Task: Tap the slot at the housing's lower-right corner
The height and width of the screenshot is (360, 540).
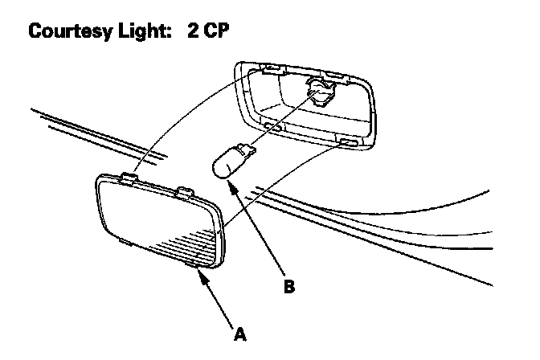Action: coord(349,143)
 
